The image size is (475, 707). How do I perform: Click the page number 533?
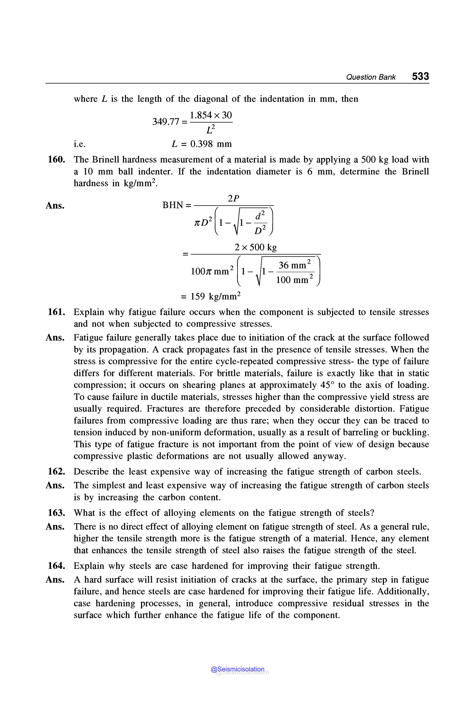pyautogui.click(x=420, y=76)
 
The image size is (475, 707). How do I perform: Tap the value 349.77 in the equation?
pyautogui.click(x=165, y=122)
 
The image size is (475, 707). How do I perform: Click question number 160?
pyautogui.click(x=57, y=159)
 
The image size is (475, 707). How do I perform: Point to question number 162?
pyautogui.click(x=57, y=471)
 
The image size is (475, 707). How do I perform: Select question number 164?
pyautogui.click(x=57, y=566)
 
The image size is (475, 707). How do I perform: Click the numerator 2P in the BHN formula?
pyautogui.click(x=233, y=198)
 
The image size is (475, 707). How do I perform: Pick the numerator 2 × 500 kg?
pyautogui.click(x=255, y=247)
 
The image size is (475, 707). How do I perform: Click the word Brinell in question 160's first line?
pyautogui.click(x=107, y=159)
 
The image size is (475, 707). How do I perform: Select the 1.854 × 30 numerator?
pyautogui.click(x=211, y=115)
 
